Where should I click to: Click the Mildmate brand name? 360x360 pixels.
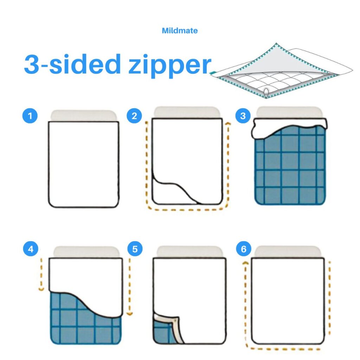[x=180, y=31]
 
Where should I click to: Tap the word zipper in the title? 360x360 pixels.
[x=170, y=65]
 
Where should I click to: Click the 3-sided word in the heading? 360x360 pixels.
[x=72, y=64]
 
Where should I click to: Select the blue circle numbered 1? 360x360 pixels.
[x=30, y=116]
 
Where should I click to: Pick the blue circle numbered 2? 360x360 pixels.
[x=134, y=116]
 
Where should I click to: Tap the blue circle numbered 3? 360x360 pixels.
[x=243, y=116]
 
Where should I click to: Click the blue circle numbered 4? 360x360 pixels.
[x=31, y=249]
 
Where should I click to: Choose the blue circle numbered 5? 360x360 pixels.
[x=135, y=249]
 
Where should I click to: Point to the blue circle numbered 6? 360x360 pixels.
[x=244, y=249]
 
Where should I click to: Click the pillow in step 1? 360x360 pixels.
[x=84, y=116]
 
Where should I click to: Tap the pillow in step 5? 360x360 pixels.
[x=189, y=252]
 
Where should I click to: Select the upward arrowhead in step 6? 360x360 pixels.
[x=245, y=263]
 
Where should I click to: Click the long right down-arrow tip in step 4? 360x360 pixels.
[x=130, y=314]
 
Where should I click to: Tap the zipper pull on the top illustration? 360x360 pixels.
[x=266, y=93]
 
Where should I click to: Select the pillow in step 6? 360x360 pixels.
[x=288, y=252]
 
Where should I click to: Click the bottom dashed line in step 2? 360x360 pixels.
[x=186, y=210]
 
